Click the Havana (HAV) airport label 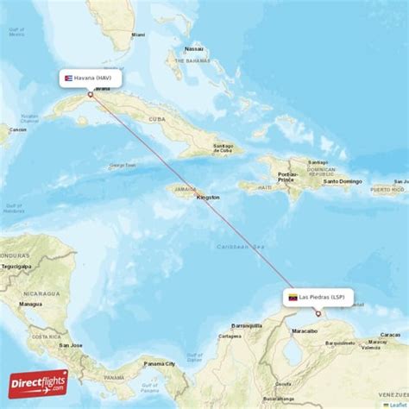[x=90, y=79]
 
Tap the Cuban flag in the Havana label [x=66, y=79]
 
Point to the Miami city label [x=138, y=35]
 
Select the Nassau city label [x=195, y=49]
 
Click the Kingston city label [x=208, y=197]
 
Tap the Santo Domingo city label [x=343, y=181]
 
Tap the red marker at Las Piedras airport [x=318, y=312]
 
